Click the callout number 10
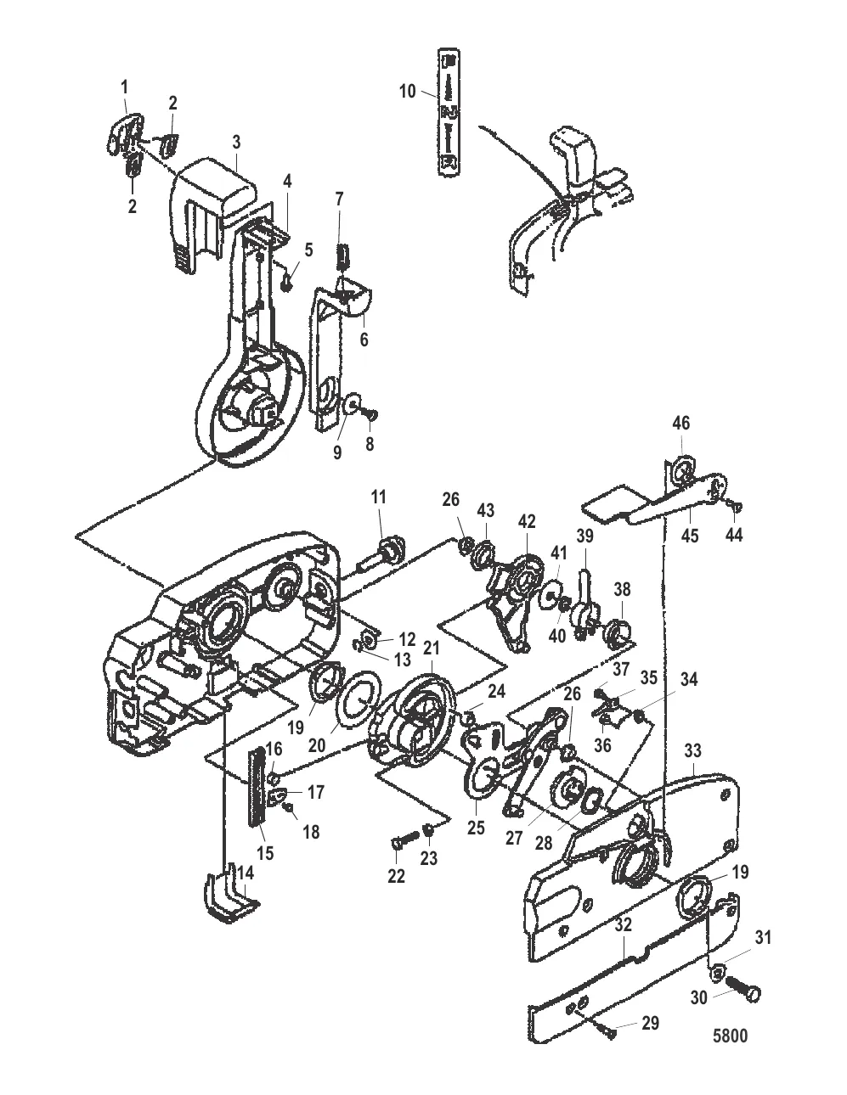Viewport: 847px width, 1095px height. pyautogui.click(x=408, y=91)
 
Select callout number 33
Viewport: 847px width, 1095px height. pyautogui.click(x=692, y=751)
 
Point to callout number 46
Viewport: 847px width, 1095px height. pyautogui.click(x=680, y=423)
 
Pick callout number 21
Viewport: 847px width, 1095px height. pyautogui.click(x=431, y=648)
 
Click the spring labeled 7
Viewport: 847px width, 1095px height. pyautogui.click(x=343, y=256)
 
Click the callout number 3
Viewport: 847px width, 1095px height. pyautogui.click(x=236, y=142)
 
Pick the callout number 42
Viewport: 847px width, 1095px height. pyautogui.click(x=527, y=521)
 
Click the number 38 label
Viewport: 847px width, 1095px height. pyautogui.click(x=623, y=588)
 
